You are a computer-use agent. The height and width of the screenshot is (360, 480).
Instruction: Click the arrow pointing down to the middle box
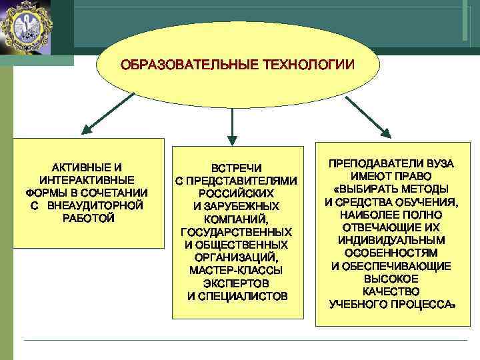click(231, 124)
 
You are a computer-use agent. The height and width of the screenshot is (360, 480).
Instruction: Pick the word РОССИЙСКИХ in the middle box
click(237, 193)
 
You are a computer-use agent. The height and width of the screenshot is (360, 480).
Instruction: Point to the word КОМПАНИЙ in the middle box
click(235, 219)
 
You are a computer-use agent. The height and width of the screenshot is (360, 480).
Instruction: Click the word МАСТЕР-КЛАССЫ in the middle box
click(236, 271)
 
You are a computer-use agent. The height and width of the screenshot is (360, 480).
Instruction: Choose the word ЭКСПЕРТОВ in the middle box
click(236, 283)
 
